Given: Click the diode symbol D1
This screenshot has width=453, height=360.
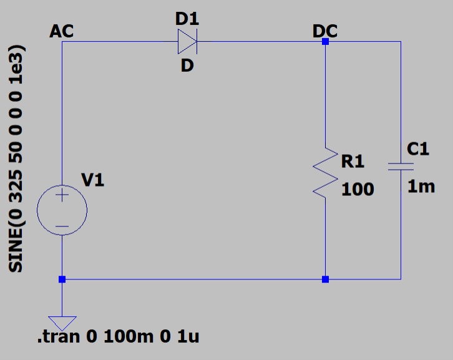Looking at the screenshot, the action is pos(187,42).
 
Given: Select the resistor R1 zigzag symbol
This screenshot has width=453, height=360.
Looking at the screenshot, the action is pos(325,173).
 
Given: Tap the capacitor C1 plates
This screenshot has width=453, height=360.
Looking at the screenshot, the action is pos(401,167).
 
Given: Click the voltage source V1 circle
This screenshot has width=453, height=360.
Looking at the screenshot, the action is pos(62,210).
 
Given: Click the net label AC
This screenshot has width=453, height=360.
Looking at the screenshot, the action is pos(62,31).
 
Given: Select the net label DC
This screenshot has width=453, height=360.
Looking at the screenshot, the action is pos(325,31).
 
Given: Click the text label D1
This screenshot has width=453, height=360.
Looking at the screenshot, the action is pos(187,19).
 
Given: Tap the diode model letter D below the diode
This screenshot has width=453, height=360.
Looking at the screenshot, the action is pos(187,66).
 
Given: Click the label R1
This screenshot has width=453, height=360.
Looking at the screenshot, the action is pos(353,161).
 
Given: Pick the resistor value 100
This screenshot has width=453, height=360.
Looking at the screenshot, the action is pos(358,190).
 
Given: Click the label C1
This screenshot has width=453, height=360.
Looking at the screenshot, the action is pos(418,149).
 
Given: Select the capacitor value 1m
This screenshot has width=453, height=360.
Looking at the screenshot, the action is pos(421,187).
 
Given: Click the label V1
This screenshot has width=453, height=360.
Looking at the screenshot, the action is pos(93,180).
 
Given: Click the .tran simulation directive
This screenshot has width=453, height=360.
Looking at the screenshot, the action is pos(118,336).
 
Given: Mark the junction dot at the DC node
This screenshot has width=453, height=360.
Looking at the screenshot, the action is pos(325,42).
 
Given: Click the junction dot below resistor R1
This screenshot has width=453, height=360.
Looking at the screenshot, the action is pos(325,279).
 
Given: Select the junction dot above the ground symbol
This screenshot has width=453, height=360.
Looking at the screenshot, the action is pos(62,279).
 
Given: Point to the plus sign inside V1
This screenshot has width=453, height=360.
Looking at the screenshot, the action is pos(62,195).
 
